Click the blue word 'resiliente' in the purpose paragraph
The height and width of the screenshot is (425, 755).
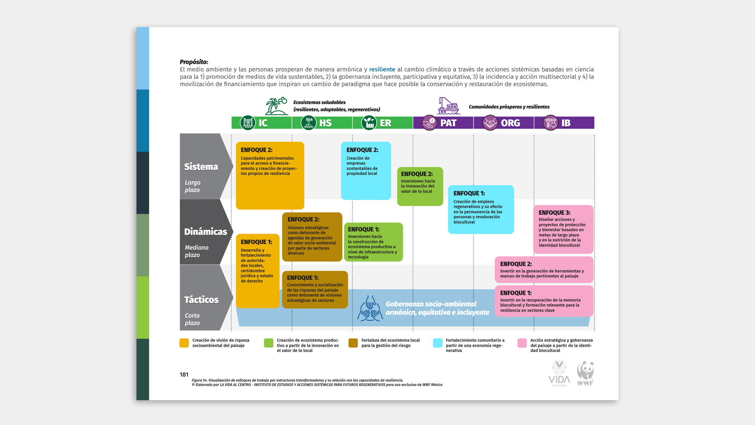[x=382, y=69]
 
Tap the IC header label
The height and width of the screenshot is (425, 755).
[x=263, y=123]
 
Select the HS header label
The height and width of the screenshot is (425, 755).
[x=325, y=123]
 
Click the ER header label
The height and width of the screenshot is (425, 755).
[x=385, y=123]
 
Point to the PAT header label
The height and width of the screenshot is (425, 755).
[x=448, y=123]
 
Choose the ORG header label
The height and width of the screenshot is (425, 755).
[x=510, y=123]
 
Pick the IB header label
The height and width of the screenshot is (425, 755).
[x=565, y=123]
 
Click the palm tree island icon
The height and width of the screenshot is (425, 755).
[x=276, y=106]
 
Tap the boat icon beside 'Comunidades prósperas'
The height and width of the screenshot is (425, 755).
[x=449, y=106]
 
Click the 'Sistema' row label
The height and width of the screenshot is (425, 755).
[x=201, y=167]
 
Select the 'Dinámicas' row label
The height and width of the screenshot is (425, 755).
[x=206, y=232]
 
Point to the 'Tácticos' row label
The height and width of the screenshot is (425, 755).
[x=201, y=300]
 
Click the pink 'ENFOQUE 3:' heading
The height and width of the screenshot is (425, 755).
[x=554, y=213]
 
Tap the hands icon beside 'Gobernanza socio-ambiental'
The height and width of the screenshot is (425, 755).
[x=370, y=309]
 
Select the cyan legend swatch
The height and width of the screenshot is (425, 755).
[x=437, y=343]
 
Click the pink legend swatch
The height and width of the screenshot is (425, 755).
[x=522, y=343]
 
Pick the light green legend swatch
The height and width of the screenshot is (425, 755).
[x=269, y=343]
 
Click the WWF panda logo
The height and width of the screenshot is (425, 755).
[x=585, y=373]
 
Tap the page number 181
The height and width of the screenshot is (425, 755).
[x=184, y=375]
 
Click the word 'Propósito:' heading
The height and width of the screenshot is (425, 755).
[x=194, y=62]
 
